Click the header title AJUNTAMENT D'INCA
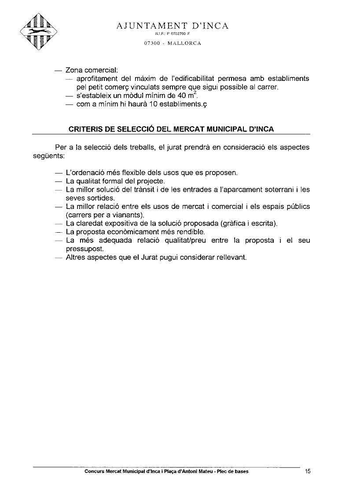pos(173,26)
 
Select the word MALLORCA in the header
pos(185,43)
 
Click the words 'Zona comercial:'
pos(92,70)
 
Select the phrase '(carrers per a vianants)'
pos(105,215)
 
